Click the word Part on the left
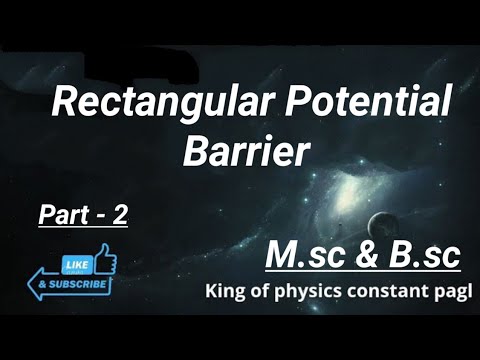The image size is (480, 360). [60, 214]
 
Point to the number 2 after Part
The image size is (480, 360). [119, 214]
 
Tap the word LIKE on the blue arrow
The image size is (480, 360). [76, 264]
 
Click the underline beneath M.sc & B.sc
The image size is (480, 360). [363, 271]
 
